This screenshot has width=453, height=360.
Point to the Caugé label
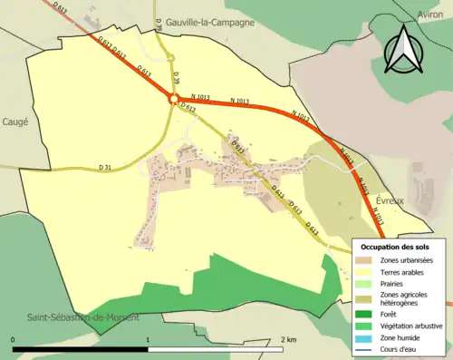[14, 122]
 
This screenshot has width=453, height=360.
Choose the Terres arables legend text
[404, 271]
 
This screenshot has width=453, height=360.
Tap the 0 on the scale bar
[14, 339]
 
